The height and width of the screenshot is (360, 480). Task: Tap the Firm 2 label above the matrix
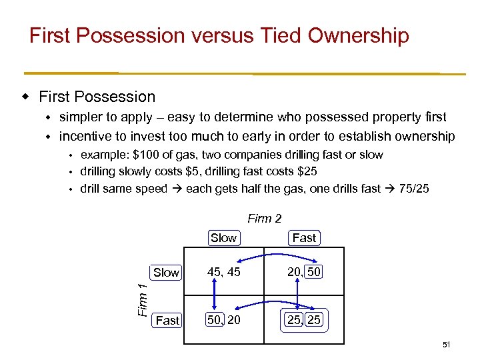click(x=265, y=218)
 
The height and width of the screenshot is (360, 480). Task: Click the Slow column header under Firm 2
click(x=223, y=238)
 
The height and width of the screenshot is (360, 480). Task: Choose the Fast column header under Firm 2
click(x=304, y=238)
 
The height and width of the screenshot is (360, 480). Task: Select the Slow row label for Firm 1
click(x=166, y=272)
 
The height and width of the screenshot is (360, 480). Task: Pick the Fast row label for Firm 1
click(x=167, y=321)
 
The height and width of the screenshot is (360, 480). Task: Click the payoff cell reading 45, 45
click(x=224, y=272)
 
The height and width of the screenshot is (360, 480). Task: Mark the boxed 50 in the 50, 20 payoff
click(x=215, y=321)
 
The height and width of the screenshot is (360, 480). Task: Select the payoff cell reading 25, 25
click(x=304, y=321)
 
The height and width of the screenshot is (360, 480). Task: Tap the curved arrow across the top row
click(x=265, y=255)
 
